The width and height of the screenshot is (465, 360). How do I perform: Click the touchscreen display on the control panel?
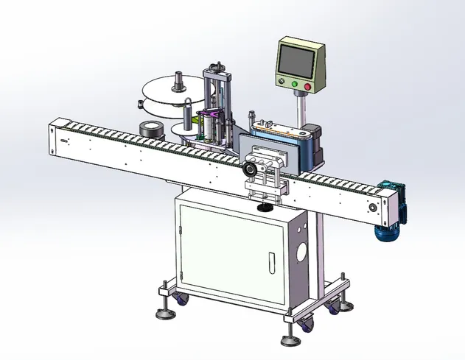pos(299,58)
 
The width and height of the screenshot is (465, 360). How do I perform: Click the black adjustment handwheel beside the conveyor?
pos(251,170)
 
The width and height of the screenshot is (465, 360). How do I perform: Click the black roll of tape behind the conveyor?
pos(150,129)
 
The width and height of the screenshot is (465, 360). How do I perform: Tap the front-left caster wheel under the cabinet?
pos(181,299)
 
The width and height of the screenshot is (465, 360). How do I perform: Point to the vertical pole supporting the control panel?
pos(301,110)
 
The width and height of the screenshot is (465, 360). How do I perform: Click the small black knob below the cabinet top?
pos(263,208)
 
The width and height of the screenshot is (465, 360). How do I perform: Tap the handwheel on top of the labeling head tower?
pos(217,66)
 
